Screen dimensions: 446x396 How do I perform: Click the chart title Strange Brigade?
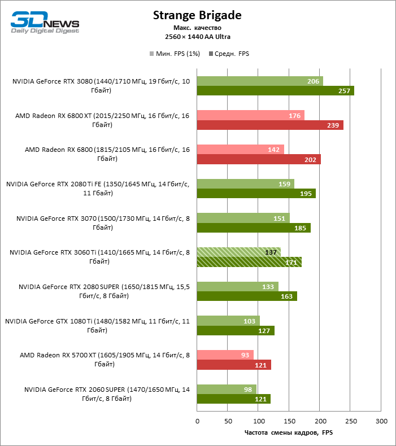click(198, 16)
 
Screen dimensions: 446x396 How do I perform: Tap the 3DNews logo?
click(45, 23)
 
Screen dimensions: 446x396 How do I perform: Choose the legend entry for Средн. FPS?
click(229, 54)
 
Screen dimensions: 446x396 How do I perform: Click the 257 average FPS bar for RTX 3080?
click(275, 91)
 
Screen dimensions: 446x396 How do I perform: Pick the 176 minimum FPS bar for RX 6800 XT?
click(250, 115)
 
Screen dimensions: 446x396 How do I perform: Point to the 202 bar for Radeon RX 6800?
click(259, 159)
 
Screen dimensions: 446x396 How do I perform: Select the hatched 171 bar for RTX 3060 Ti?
click(249, 262)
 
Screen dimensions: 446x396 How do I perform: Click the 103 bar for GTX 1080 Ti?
click(228, 321)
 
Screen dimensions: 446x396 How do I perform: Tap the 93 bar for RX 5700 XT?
click(225, 355)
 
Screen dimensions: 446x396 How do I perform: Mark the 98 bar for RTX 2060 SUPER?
click(227, 389)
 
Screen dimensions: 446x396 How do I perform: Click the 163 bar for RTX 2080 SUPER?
click(247, 296)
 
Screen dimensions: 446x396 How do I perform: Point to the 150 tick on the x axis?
click(289, 421)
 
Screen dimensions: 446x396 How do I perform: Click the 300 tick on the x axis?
click(381, 421)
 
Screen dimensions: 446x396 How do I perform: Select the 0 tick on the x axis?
click(197, 421)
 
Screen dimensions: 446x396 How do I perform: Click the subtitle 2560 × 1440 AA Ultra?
click(198, 37)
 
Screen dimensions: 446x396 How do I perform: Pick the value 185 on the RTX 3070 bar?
click(301, 228)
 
